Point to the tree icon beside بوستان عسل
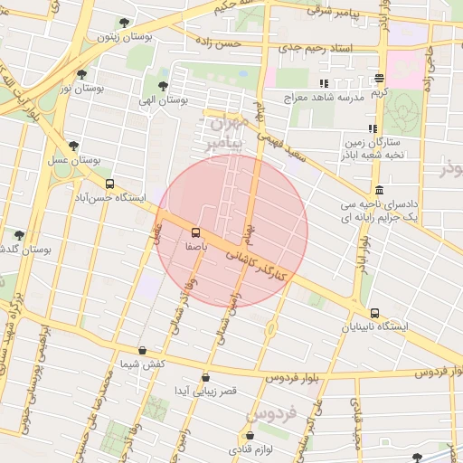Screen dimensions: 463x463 click(x=73, y=146)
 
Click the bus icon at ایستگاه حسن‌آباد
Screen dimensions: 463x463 click(x=109, y=184)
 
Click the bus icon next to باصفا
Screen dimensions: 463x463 click(x=197, y=232)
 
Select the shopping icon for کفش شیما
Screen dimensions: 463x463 click(x=142, y=350)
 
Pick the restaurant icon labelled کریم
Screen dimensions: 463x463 click(x=379, y=79)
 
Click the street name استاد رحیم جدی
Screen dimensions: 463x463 click(x=315, y=46)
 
